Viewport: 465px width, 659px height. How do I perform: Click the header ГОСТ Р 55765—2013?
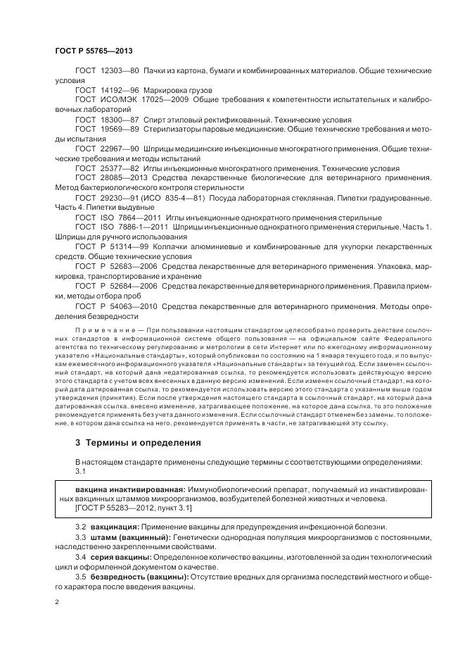click(94, 51)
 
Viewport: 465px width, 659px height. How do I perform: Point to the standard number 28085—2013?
click(125, 178)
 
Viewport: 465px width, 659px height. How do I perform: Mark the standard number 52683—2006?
click(133, 267)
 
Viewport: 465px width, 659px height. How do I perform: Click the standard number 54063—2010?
click(133, 306)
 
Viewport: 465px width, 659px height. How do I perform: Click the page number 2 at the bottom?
click(57, 603)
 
